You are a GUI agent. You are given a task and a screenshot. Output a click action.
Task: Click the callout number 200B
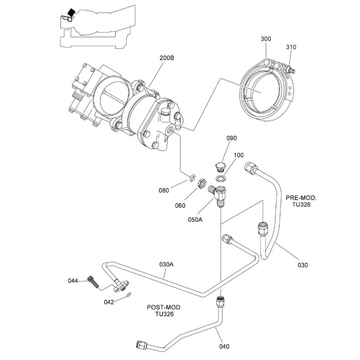coord(167,58)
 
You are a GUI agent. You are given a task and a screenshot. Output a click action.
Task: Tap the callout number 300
coord(266,39)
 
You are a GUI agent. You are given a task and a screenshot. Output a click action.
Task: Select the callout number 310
coord(291,47)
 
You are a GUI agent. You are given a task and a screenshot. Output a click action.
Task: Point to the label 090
coord(231,138)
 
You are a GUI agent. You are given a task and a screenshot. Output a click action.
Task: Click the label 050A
coord(195,220)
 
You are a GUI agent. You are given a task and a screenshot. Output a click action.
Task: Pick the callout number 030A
coord(166,264)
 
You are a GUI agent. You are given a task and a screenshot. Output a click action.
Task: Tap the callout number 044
coord(73,281)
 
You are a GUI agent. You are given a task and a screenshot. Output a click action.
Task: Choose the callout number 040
coord(224,346)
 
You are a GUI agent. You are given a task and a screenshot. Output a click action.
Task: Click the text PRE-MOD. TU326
coord(301,201)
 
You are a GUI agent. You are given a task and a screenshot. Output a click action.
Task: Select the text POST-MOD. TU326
coord(165,311)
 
